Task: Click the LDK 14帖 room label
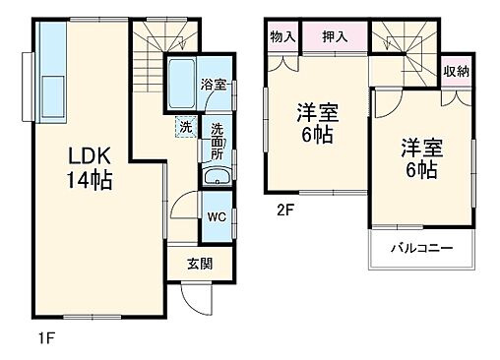[x=89, y=167]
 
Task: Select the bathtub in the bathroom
[x=182, y=86]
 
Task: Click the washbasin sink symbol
[x=217, y=179]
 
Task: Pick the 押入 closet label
[x=334, y=36]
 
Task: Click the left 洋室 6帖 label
[x=317, y=123]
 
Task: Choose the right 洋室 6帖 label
[x=421, y=159]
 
